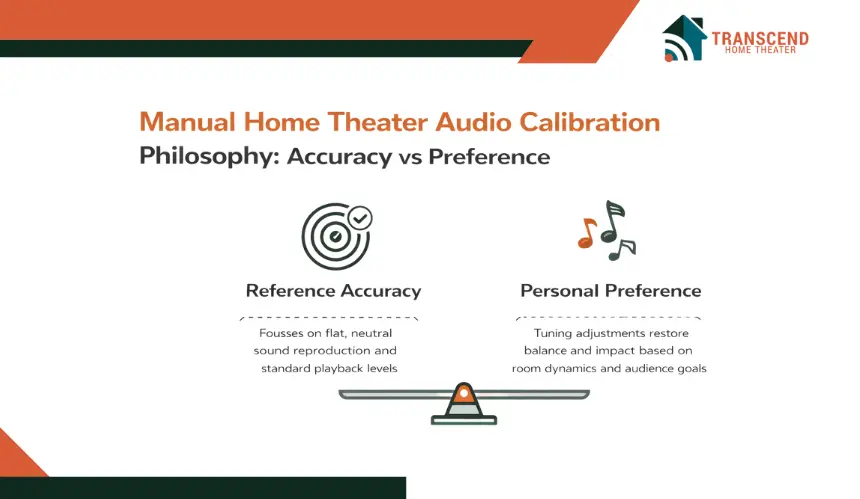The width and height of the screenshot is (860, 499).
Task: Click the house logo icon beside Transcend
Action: click(x=684, y=38)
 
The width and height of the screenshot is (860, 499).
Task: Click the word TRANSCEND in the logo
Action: click(x=760, y=38)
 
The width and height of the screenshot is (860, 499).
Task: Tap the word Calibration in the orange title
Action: click(x=590, y=122)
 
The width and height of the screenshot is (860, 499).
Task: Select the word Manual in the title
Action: click(x=188, y=122)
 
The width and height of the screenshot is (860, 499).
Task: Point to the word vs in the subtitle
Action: click(x=411, y=157)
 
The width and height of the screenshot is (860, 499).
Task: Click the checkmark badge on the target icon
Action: click(x=360, y=218)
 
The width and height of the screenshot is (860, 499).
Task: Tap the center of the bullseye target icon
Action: click(x=335, y=237)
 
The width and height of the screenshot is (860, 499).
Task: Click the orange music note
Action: click(x=587, y=233)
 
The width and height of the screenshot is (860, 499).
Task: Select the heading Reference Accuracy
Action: click(x=333, y=291)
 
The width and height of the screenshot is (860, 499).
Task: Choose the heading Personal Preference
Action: click(x=610, y=291)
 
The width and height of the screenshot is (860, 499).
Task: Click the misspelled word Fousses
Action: click(x=280, y=333)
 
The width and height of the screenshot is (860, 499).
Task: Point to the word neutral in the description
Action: click(x=371, y=333)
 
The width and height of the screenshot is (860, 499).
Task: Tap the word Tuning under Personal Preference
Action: click(x=553, y=333)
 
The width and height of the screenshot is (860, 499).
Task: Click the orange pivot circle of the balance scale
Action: click(x=464, y=393)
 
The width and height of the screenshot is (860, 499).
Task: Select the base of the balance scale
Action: click(x=464, y=420)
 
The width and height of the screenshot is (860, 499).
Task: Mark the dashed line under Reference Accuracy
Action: click(x=329, y=317)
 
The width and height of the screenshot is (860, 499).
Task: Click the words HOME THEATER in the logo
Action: click(x=760, y=50)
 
